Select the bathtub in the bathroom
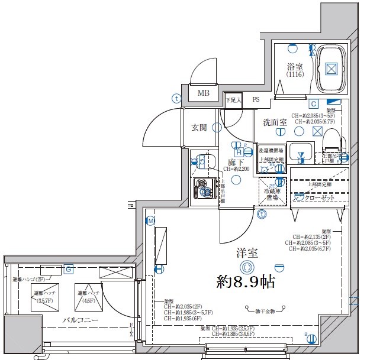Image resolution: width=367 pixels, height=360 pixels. [331, 69]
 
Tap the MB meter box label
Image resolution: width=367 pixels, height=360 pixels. [204, 93]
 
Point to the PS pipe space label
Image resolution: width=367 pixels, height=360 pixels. [256, 100]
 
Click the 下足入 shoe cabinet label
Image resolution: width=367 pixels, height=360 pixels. [233, 100]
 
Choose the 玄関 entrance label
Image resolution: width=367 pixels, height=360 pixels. [199, 127]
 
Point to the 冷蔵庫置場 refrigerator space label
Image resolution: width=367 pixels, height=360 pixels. [272, 194]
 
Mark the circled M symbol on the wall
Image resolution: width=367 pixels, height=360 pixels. [151, 222]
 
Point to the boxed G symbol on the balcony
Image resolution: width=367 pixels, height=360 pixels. [69, 270]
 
